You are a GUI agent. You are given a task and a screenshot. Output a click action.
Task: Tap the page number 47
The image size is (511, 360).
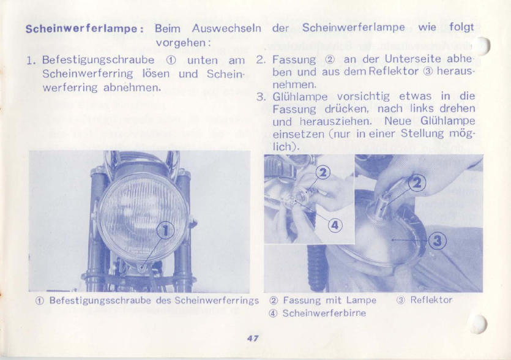click(253, 338)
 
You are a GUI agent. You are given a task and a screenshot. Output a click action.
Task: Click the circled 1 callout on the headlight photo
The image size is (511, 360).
click(166, 231)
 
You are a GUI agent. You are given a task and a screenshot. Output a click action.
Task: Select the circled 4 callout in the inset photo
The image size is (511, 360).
click(335, 225)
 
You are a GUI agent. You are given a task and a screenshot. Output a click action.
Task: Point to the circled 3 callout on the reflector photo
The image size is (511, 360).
click(437, 241)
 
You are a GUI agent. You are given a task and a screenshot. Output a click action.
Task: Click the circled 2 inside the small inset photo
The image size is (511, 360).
click(323, 173)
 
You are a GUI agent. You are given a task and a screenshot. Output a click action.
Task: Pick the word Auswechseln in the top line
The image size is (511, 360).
click(226, 28)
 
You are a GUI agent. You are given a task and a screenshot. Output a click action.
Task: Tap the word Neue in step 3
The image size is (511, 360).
click(398, 121)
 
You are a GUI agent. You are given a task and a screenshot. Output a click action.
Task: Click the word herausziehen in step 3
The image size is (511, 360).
click(335, 121)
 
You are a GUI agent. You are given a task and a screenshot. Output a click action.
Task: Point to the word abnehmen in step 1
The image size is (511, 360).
click(132, 88)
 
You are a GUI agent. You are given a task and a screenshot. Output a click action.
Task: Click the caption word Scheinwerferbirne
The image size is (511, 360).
click(324, 313)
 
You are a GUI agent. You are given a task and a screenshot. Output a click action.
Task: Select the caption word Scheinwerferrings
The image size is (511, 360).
click(217, 301)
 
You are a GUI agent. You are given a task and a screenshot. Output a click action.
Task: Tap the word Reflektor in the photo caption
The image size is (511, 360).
click(431, 299)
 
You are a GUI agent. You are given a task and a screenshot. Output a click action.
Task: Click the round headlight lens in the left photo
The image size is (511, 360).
click(143, 218)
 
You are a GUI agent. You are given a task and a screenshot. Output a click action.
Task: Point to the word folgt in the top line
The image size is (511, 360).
click(461, 27)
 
